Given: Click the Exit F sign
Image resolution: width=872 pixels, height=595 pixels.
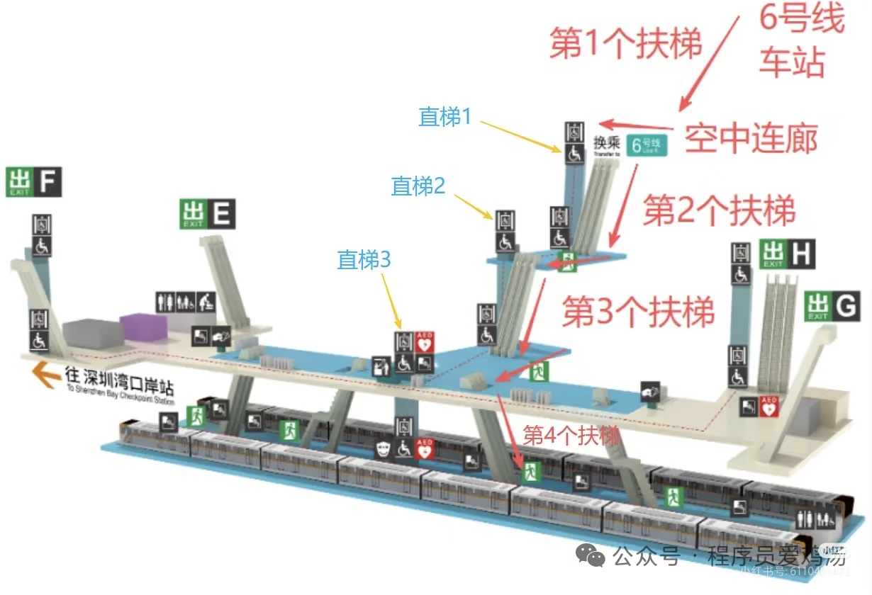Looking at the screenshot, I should [34, 182].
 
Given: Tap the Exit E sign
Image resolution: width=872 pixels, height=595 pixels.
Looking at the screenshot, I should [208, 213].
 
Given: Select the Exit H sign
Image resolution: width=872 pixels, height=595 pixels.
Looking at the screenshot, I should [787, 254].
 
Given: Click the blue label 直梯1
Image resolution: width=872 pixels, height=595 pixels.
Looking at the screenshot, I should [445, 117].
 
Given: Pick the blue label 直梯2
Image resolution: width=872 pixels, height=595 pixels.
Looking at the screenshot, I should [418, 186].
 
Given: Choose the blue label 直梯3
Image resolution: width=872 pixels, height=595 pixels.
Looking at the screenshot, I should [364, 260].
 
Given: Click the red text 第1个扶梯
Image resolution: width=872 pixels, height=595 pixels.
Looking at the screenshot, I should [626, 45].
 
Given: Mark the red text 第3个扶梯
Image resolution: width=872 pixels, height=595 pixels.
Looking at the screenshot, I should [638, 312].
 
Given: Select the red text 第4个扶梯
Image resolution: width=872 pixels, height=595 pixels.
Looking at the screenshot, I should [571, 435].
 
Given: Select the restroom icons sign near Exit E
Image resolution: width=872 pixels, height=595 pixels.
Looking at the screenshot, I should [185, 302].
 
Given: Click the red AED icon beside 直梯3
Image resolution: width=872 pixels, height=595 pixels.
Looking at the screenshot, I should [425, 342].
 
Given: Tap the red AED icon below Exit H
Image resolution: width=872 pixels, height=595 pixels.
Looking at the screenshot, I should [769, 406].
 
